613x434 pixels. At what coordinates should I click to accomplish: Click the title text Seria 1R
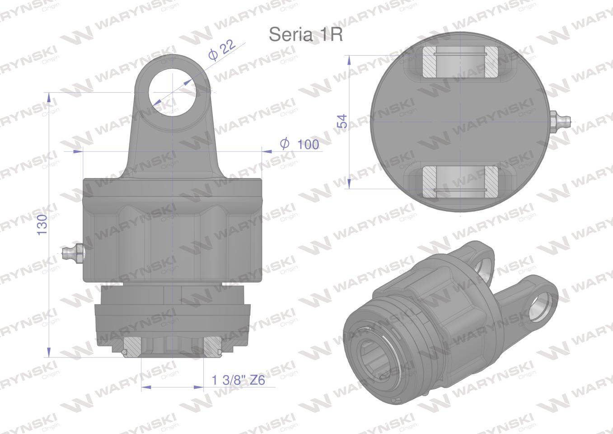(306, 35)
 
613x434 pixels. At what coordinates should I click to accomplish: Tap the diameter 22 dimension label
(222, 50)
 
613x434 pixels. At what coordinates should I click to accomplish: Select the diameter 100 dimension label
(300, 144)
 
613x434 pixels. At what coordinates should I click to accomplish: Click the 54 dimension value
(342, 121)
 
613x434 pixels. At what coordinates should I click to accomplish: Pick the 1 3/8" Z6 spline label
(239, 380)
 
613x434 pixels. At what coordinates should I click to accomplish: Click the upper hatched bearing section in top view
(461, 61)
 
